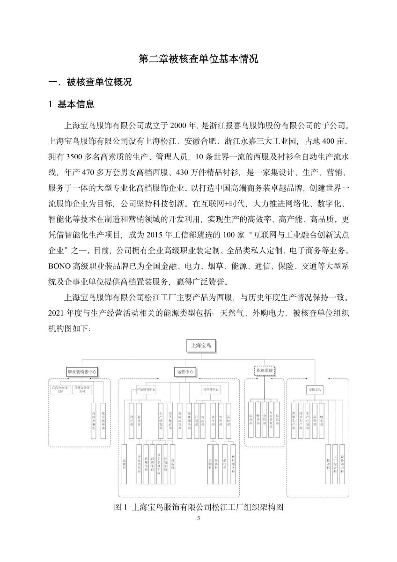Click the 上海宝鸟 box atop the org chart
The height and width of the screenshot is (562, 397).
point(199,346)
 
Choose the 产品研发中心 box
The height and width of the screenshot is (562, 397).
point(146,389)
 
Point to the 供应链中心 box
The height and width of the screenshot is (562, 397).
point(210,389)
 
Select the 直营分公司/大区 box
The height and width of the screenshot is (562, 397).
point(60,389)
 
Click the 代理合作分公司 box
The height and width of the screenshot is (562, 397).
point(82,389)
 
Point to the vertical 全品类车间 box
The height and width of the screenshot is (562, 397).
point(139,463)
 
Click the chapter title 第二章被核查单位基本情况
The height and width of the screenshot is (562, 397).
point(198,59)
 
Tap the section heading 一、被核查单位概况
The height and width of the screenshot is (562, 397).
point(90,82)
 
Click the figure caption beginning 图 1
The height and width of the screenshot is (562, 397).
point(199,507)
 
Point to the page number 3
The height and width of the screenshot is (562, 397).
point(198,518)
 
